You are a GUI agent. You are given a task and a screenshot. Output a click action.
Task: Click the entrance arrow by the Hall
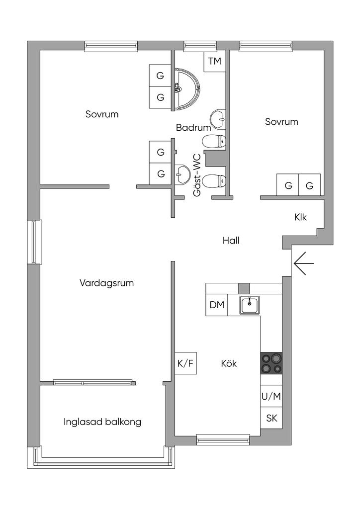coord(303,263)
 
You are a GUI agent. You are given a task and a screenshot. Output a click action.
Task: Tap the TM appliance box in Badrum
coord(214,62)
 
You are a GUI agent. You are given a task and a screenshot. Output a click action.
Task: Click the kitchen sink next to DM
coord(249,305)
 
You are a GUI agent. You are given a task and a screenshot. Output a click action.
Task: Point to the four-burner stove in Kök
coord(271,363)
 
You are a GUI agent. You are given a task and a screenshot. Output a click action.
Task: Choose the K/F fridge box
coord(185,363)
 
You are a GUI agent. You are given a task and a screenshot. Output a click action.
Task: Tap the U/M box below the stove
coord(271,397)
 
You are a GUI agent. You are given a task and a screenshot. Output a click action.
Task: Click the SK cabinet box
coord(271,418)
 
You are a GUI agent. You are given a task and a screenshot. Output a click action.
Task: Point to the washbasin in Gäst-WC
coord(182,174)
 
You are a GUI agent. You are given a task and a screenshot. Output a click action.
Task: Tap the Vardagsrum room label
coord(106,283)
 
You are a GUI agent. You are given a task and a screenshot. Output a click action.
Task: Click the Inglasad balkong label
coord(102,422)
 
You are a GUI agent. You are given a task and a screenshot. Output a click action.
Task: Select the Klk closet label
coord(300,217)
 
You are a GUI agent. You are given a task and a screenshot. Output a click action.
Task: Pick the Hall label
coord(231,241)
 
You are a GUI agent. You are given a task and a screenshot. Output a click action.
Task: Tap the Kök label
coord(229,363)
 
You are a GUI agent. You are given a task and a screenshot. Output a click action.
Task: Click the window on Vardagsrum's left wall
coord(34,242)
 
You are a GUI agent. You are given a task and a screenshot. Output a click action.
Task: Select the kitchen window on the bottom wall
coord(222,438)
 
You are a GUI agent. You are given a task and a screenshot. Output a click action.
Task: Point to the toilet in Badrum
coord(214,142)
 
